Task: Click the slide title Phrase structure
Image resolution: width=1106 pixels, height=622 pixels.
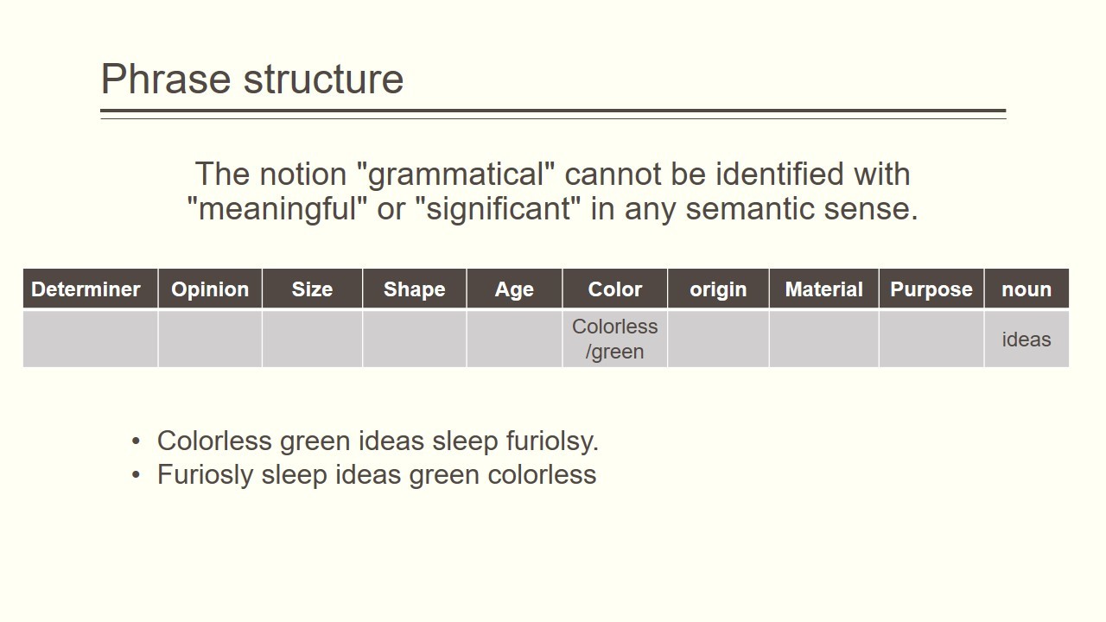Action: coord(252,79)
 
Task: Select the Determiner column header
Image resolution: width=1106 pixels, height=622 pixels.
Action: coord(91,289)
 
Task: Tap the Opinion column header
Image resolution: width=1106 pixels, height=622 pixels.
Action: coord(210,289)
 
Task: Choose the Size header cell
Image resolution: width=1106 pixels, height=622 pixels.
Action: coord(312,289)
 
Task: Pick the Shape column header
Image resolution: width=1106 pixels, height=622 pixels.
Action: coord(414,289)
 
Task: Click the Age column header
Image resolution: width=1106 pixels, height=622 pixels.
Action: coord(514,289)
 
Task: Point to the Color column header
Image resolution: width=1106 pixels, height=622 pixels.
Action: coord(614,289)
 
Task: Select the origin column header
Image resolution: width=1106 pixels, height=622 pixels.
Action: coord(718,289)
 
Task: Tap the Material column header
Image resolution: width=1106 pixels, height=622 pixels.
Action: coord(823,289)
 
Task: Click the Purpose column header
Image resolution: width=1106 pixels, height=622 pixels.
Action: coord(931,289)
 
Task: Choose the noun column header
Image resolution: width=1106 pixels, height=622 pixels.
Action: coord(1027,289)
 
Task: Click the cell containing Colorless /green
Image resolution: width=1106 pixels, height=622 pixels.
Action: coord(614,339)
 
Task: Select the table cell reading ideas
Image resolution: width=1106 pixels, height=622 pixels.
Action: coord(1027,339)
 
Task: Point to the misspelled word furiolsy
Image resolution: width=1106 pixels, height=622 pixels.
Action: coord(552,441)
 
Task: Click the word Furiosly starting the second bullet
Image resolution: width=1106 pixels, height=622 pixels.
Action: coord(206,475)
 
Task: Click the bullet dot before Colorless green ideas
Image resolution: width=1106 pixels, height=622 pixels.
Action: coord(137,441)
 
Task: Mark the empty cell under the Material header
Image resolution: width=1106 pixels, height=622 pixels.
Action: coord(823,339)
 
